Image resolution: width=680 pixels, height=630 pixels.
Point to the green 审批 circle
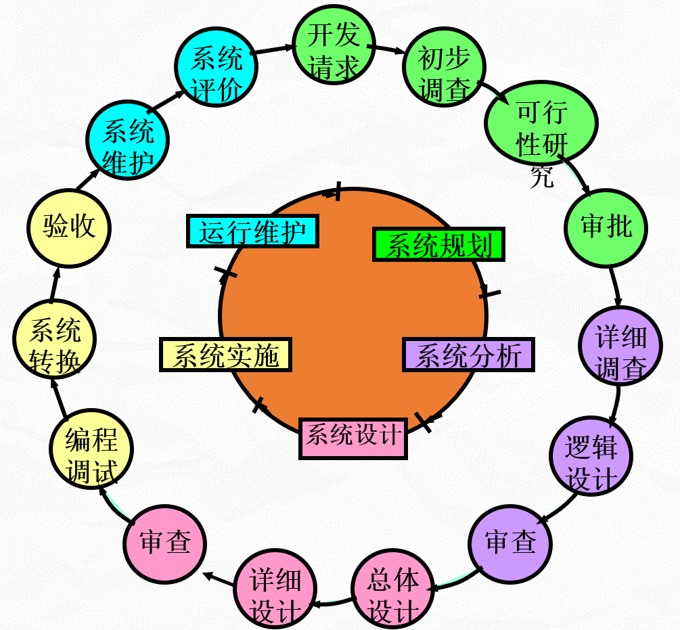[606, 227]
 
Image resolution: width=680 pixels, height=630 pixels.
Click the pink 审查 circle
[164, 542]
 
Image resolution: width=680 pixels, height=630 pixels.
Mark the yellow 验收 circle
[69, 227]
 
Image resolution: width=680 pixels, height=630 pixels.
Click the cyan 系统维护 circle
[127, 140]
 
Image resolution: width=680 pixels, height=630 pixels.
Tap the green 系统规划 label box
[438, 246]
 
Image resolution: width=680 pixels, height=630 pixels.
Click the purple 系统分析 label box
[468, 355]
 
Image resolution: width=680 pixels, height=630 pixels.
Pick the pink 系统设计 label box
[353, 437]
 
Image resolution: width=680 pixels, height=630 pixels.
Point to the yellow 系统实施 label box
[225, 355]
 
